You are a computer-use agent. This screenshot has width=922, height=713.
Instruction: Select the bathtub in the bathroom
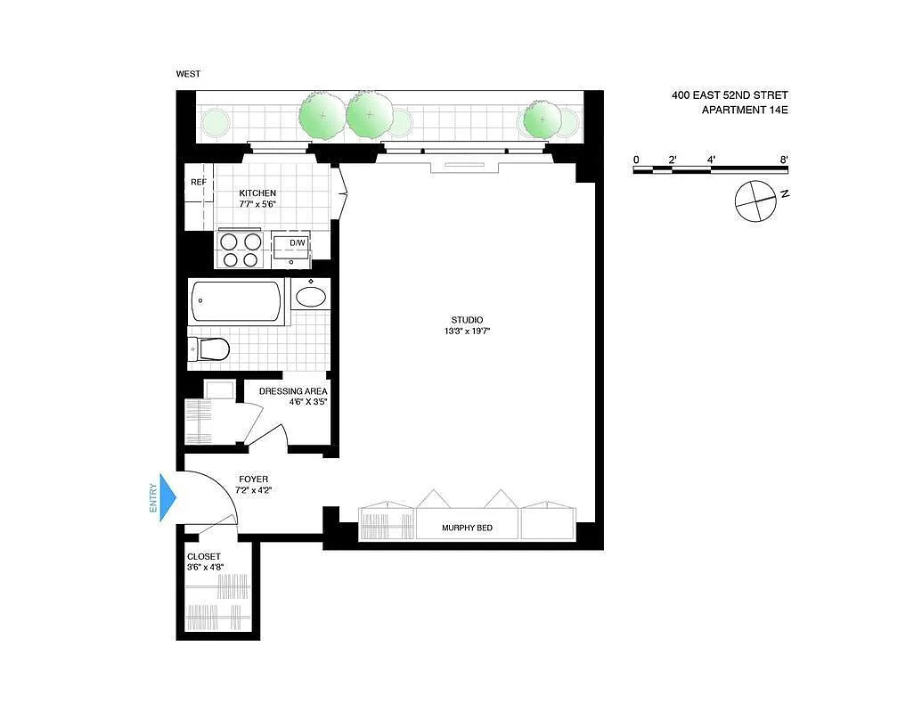(x=237, y=301)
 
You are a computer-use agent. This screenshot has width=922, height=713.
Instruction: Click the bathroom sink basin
(x=310, y=296)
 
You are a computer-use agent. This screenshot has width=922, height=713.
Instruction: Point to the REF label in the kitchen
(x=199, y=183)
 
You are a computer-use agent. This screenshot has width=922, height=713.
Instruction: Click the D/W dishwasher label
(x=297, y=242)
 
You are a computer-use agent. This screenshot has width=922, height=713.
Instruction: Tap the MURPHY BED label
(x=467, y=529)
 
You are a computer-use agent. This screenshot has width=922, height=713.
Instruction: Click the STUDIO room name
(x=467, y=320)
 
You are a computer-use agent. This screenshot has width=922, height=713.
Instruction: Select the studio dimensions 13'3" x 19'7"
(x=467, y=332)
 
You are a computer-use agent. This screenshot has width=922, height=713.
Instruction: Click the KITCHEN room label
(x=257, y=193)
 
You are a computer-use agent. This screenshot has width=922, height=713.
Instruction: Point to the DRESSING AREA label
(x=293, y=391)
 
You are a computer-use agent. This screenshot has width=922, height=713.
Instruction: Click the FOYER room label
(x=253, y=479)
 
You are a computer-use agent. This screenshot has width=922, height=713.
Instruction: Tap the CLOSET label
(x=204, y=557)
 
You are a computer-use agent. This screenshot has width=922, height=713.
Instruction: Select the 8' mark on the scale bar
(x=784, y=160)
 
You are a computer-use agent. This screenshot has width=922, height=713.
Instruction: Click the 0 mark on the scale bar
(x=636, y=160)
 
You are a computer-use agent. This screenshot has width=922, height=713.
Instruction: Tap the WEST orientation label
(x=188, y=75)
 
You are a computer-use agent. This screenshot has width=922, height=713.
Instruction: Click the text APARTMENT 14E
(x=745, y=110)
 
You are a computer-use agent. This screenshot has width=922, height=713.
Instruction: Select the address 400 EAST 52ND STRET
(x=730, y=95)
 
